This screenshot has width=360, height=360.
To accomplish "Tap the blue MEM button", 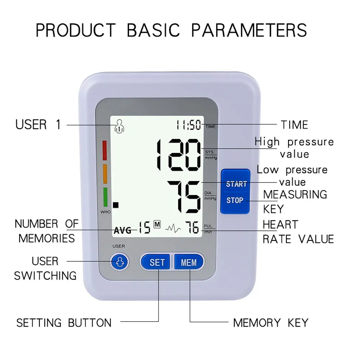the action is click(189, 262).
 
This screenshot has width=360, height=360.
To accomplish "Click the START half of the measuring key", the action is click(236, 184).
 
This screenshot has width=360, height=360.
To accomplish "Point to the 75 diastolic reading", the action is click(184, 197).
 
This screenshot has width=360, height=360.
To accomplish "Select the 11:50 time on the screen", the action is click(188, 125).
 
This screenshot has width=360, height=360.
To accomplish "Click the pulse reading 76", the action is click(192, 228).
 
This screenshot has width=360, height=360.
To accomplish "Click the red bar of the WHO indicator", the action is click(105, 150).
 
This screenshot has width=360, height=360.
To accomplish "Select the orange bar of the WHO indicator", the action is click(105, 174).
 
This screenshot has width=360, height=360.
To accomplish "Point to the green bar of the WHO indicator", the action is click(105, 197).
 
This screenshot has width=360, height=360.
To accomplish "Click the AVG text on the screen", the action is click(123, 231).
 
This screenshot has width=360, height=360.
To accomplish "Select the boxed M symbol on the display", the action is click(157, 224).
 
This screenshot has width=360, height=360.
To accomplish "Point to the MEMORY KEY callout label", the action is click(270, 323).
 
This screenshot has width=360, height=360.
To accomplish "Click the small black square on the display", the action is click(116, 205).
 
